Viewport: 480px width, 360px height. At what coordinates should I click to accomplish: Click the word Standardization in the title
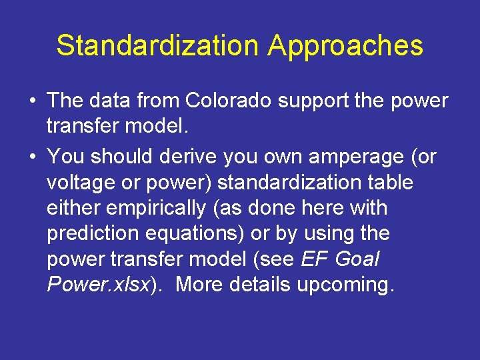point(157,45)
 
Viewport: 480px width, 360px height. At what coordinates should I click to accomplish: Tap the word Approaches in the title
point(345,45)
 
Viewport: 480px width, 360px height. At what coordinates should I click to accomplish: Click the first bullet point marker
point(32,101)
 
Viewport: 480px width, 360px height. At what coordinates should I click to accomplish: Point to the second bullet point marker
point(32,157)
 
